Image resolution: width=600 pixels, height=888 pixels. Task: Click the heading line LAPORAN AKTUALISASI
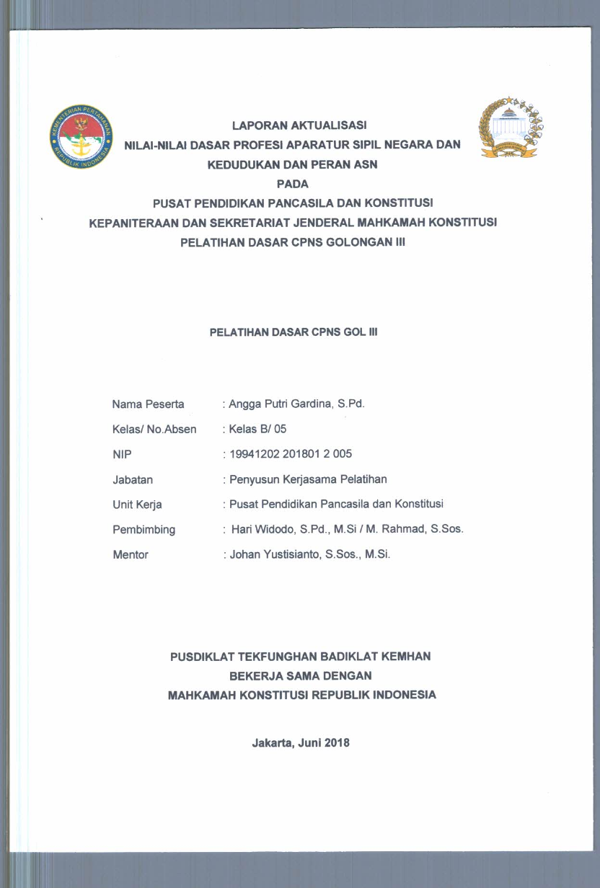tap(299, 125)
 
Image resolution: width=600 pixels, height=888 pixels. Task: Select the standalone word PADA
tap(292, 184)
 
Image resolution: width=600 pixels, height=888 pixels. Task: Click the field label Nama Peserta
tap(148, 404)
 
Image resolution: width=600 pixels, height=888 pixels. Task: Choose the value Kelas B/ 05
tap(257, 429)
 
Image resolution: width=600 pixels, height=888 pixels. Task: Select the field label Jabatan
tap(133, 479)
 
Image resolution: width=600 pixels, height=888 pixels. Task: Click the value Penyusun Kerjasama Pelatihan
tap(308, 479)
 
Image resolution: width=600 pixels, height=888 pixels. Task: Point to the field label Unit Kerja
tap(137, 505)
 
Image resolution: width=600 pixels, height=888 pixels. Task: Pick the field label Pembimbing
tap(144, 530)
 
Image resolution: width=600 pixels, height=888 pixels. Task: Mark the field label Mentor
tap(131, 555)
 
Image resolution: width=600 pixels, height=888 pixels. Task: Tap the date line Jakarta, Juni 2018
tap(301, 743)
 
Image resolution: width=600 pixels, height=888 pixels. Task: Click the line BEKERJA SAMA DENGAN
tap(300, 676)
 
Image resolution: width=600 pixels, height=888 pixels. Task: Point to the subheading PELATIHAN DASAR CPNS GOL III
tap(294, 333)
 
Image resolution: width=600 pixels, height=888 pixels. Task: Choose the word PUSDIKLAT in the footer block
tap(200, 657)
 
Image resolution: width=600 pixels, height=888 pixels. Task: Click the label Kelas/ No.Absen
tap(154, 429)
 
